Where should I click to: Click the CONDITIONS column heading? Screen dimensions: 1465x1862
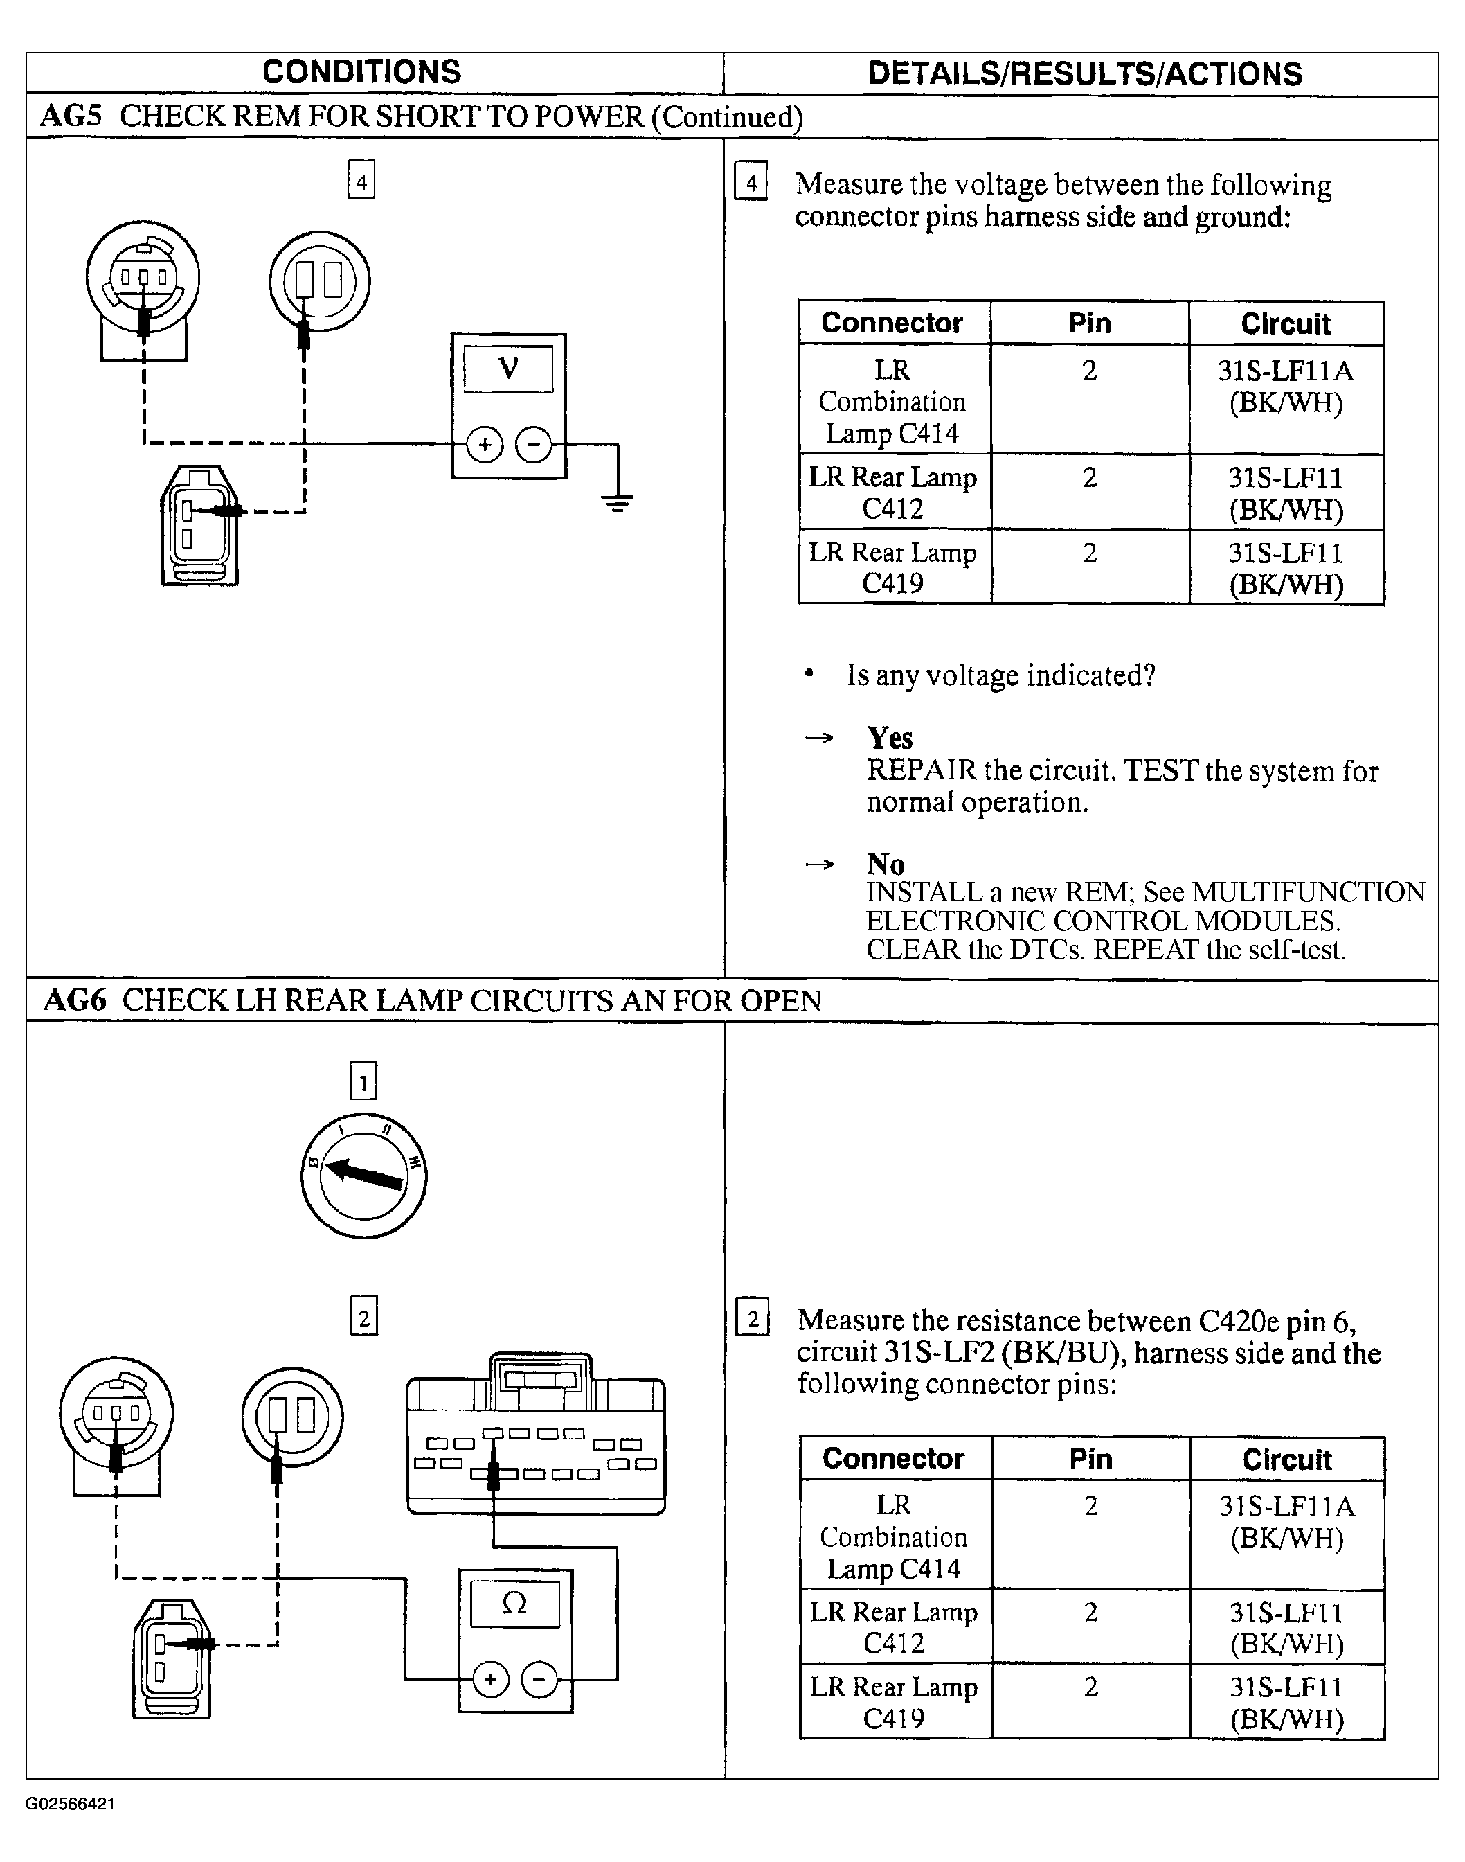(x=361, y=72)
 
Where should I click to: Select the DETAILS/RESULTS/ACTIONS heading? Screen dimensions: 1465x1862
(x=1085, y=74)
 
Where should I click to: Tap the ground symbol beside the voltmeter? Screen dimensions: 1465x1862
(x=618, y=502)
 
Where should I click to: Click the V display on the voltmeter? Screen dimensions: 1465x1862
(x=509, y=369)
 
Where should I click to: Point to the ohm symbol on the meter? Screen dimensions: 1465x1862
(x=514, y=1604)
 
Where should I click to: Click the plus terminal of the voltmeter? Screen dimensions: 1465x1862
(x=485, y=445)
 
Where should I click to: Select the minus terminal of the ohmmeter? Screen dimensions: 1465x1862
(x=539, y=1679)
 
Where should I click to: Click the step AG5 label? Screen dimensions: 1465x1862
(x=71, y=116)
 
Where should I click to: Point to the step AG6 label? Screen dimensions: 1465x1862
(x=75, y=1000)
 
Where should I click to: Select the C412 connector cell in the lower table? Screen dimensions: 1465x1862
(x=894, y=1628)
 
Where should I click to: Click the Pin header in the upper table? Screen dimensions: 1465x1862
(x=1089, y=323)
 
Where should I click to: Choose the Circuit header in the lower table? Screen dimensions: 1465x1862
(x=1286, y=1459)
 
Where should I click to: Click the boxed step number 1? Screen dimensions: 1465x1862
(x=363, y=1081)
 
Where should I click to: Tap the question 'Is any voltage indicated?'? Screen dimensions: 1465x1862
(x=1001, y=675)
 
